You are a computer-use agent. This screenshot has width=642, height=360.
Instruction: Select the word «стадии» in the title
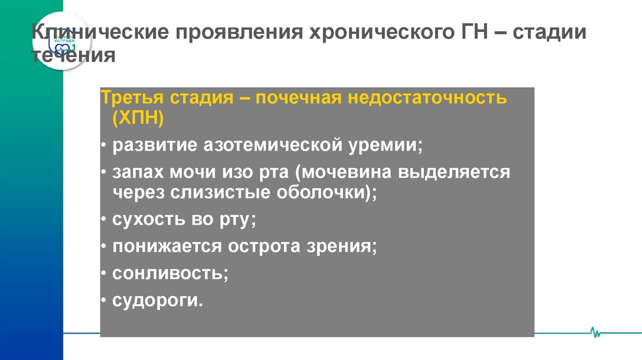tap(550, 33)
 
